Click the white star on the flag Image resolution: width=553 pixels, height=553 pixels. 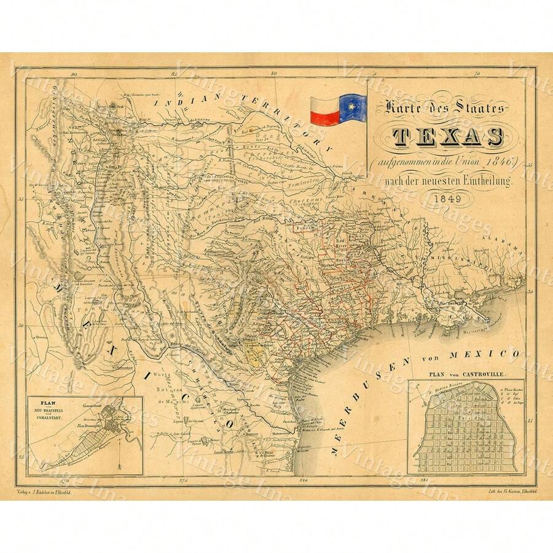(353, 106)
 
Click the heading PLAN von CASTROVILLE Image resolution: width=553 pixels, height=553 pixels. (465, 373)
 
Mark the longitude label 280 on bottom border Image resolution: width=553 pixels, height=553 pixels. (300, 479)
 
